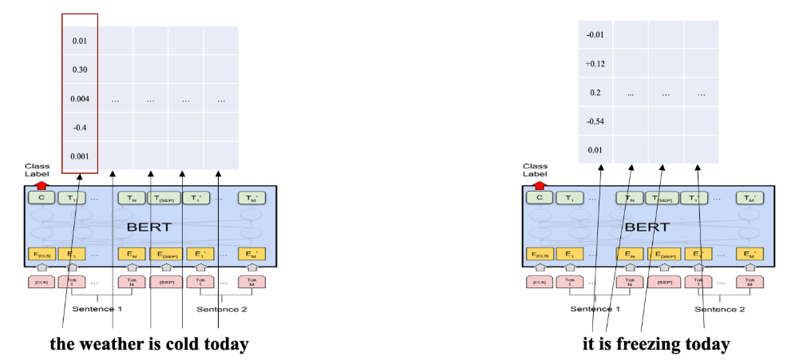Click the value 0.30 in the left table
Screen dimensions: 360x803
click(79, 69)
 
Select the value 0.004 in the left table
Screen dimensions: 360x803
click(79, 99)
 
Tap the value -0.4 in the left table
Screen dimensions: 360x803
click(79, 128)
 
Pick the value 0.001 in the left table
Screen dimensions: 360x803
click(79, 156)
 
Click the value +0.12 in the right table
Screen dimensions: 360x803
click(595, 64)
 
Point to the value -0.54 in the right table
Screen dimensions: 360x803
click(595, 121)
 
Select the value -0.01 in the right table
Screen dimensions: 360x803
click(595, 34)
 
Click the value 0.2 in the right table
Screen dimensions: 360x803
click(595, 93)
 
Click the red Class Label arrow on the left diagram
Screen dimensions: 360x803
click(37, 184)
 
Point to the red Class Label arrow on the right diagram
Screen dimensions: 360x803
click(535, 184)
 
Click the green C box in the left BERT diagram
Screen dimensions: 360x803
click(40, 198)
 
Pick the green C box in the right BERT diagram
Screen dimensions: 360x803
click(539, 198)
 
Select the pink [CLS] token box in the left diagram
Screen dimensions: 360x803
click(40, 282)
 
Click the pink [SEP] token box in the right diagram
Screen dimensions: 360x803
click(664, 282)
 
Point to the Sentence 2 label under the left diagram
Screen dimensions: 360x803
click(220, 309)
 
